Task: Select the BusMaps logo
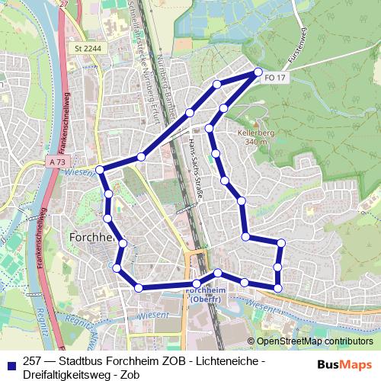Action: click(345, 365)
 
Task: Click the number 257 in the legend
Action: click(33, 360)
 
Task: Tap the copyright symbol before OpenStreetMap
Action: click(252, 342)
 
